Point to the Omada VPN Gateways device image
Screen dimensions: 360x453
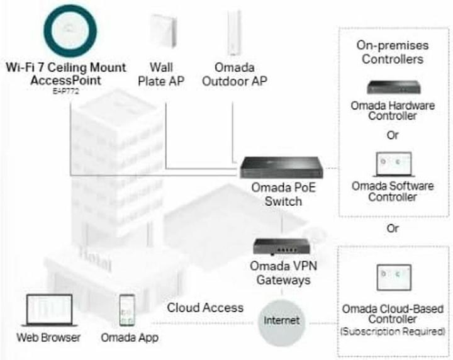click(x=282, y=246)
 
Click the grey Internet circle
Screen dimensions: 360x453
click(x=282, y=321)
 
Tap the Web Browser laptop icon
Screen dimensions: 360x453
click(x=48, y=310)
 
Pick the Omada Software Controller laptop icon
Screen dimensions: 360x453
click(x=393, y=165)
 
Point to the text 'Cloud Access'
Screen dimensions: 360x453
click(x=205, y=308)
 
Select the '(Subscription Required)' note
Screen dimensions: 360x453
click(x=393, y=331)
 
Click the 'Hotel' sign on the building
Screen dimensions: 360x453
click(x=94, y=261)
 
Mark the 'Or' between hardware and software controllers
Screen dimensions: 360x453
click(x=393, y=134)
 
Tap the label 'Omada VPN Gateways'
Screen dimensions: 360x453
click(x=282, y=273)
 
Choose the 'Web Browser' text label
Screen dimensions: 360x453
click(x=48, y=338)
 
